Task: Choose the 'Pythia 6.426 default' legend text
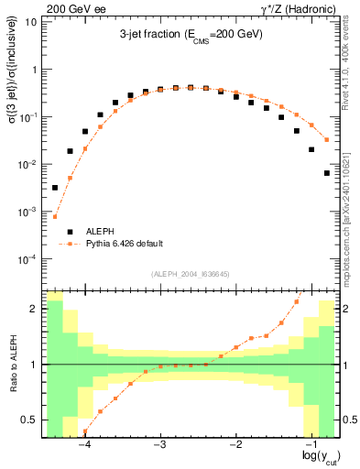click(124, 244)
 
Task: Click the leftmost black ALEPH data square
click(55, 188)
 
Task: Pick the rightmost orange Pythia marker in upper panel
click(327, 140)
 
